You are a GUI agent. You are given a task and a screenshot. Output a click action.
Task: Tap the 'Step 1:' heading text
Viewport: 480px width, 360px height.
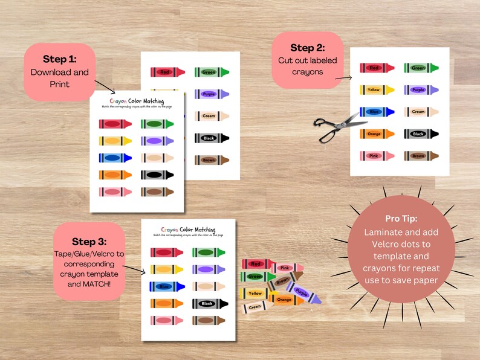(59, 59)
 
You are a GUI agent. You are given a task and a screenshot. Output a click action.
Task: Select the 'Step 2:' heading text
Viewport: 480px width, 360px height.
(307, 47)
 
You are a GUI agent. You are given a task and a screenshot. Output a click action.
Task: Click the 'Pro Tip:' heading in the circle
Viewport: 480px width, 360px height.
(401, 218)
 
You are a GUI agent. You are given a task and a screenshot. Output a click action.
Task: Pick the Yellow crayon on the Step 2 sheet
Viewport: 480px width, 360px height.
(377, 90)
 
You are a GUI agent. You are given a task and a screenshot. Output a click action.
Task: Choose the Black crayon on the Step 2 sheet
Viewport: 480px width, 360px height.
(421, 133)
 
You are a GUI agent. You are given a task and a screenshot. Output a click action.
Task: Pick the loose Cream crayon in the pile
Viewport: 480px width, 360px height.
(257, 307)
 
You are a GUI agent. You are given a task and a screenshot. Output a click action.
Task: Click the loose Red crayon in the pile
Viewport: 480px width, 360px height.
(258, 264)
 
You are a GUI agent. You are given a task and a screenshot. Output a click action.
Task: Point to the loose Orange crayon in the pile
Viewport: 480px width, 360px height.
(283, 299)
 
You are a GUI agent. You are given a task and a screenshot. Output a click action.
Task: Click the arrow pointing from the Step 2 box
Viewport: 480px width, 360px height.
(344, 77)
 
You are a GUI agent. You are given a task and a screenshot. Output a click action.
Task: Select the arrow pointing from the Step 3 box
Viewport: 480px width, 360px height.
(135, 269)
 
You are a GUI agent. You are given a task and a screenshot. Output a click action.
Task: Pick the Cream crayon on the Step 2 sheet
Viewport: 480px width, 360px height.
(421, 112)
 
